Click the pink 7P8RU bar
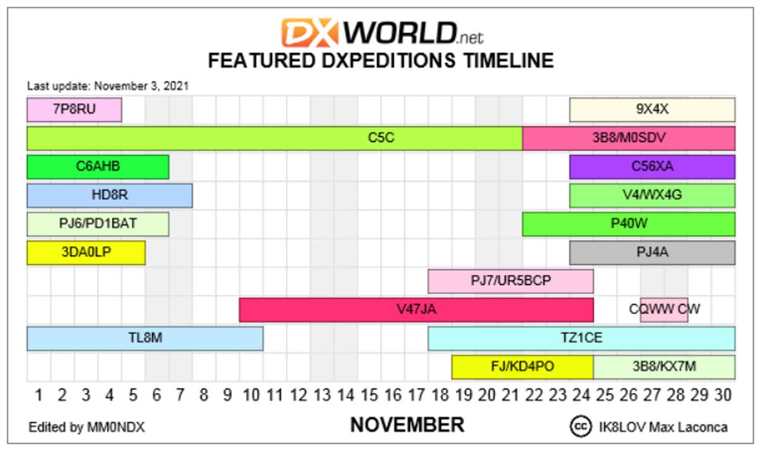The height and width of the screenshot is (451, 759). pyautogui.click(x=74, y=109)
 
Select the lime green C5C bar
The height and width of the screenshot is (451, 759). pyautogui.click(x=275, y=139)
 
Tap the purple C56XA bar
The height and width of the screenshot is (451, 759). pyautogui.click(x=652, y=167)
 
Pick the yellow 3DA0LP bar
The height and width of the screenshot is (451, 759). pyautogui.click(x=86, y=252)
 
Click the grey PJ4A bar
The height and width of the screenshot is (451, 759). pyautogui.click(x=652, y=252)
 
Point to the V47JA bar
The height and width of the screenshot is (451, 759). pyautogui.click(x=416, y=310)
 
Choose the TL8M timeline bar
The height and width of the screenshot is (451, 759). pyautogui.click(x=145, y=338)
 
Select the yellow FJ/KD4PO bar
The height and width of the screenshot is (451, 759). pyautogui.click(x=522, y=367)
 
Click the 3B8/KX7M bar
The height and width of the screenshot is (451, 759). pyautogui.click(x=664, y=367)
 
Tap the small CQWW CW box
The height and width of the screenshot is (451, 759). pyautogui.click(x=664, y=310)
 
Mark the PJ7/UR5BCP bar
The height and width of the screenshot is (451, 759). pyautogui.click(x=510, y=281)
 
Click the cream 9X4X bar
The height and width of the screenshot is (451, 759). pyautogui.click(x=652, y=109)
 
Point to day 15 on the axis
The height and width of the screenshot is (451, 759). pyautogui.click(x=369, y=395)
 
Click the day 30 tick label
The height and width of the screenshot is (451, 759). pyautogui.click(x=723, y=395)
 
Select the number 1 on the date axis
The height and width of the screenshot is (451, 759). pyautogui.click(x=39, y=395)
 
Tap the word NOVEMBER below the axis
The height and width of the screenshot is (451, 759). pyautogui.click(x=407, y=425)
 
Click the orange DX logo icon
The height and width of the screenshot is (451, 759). pyautogui.click(x=310, y=32)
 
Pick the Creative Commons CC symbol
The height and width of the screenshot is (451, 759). pyautogui.click(x=581, y=426)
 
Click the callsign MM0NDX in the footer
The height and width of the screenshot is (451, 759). pyautogui.click(x=116, y=428)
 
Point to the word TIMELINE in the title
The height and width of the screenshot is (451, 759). pyautogui.click(x=509, y=61)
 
